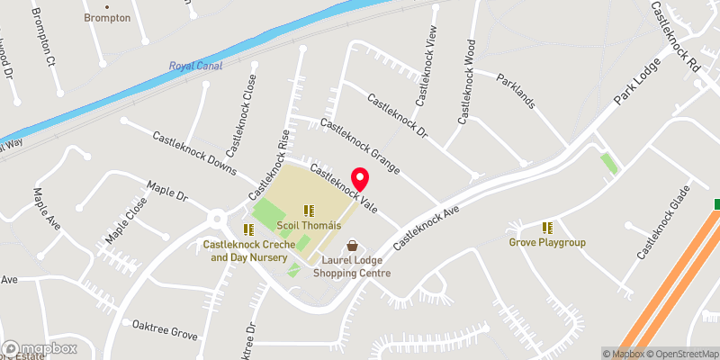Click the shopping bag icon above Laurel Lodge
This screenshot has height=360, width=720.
point(352,245)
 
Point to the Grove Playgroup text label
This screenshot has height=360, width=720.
point(547,243)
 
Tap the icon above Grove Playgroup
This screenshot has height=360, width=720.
point(547,228)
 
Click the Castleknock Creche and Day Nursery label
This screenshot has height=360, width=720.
point(244,250)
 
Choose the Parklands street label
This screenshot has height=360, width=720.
point(516,90)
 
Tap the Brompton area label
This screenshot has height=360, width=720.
point(107,18)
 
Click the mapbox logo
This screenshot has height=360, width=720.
point(40,348)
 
